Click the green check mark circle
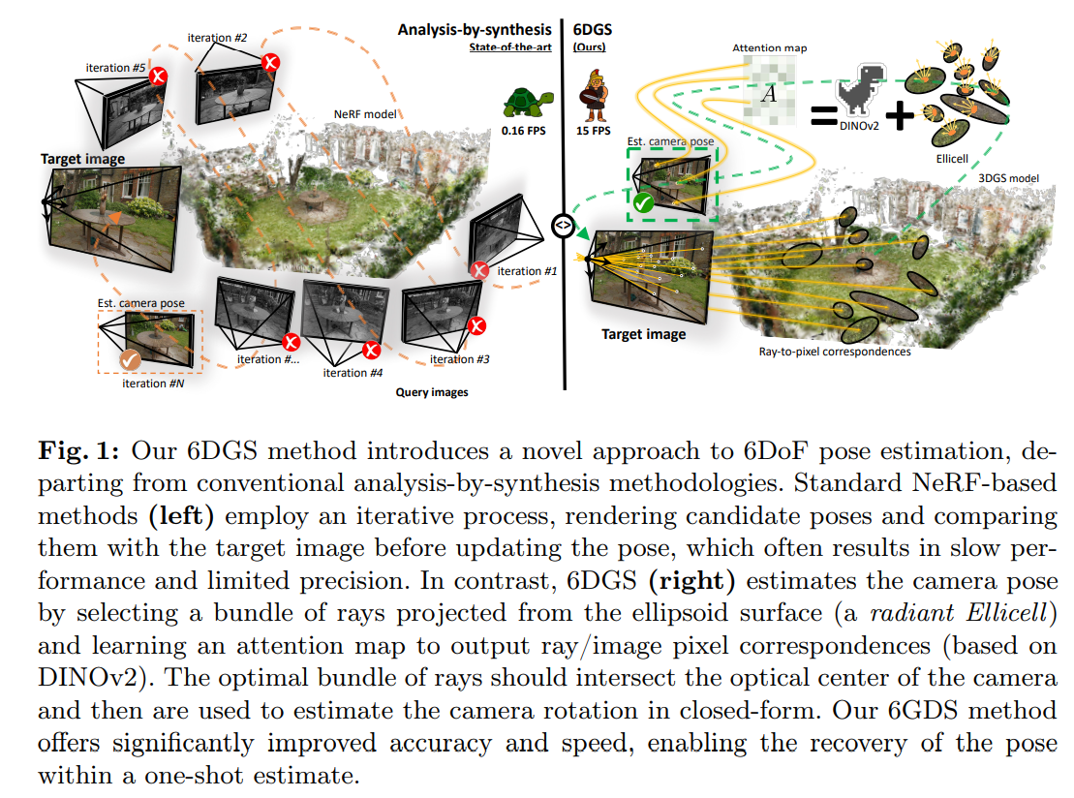[642, 203]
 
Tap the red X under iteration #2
[272, 62]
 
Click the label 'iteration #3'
[460, 359]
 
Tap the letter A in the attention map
[768, 94]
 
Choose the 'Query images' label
[432, 392]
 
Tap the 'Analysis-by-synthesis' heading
[475, 30]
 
